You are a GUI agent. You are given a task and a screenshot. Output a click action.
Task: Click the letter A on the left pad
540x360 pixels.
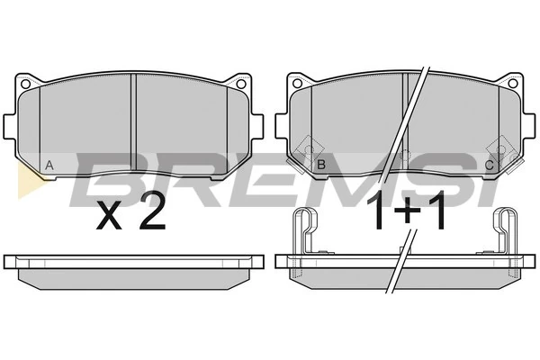tap(49, 166)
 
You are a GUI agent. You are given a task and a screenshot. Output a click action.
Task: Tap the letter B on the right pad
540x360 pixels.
tap(321, 165)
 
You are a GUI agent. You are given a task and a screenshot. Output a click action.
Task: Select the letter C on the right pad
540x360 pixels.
tap(489, 166)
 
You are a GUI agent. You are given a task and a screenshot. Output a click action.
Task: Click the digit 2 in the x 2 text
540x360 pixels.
tap(152, 212)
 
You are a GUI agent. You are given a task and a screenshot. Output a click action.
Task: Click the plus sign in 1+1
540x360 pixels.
tap(408, 211)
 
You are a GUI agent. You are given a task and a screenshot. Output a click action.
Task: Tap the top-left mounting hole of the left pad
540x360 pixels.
tap(25, 84)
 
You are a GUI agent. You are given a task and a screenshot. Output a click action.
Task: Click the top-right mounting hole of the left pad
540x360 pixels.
tap(241, 84)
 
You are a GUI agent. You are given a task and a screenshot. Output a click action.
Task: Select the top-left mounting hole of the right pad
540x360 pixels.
tap(297, 83)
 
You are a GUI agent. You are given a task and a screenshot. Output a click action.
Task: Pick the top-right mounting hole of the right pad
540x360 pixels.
tap(513, 83)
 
